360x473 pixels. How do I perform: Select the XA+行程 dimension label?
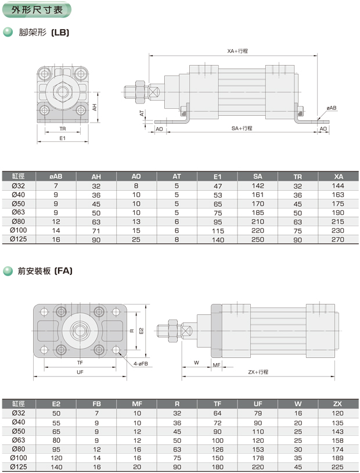point(237,51)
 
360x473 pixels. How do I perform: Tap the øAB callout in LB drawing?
point(332,108)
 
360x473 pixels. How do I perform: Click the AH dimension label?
point(94,107)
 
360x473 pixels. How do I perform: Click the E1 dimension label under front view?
point(63,138)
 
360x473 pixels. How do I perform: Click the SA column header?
point(258,177)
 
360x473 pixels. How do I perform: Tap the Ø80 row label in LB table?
point(19,221)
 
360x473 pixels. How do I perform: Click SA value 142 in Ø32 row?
point(258,186)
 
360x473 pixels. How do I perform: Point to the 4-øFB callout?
point(141,363)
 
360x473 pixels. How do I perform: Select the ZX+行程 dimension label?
point(258,372)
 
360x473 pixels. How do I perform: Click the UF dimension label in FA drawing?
point(80,372)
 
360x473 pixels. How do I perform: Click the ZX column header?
point(338,403)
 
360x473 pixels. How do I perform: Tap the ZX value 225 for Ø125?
point(338,466)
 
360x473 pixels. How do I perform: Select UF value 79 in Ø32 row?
point(258,412)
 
